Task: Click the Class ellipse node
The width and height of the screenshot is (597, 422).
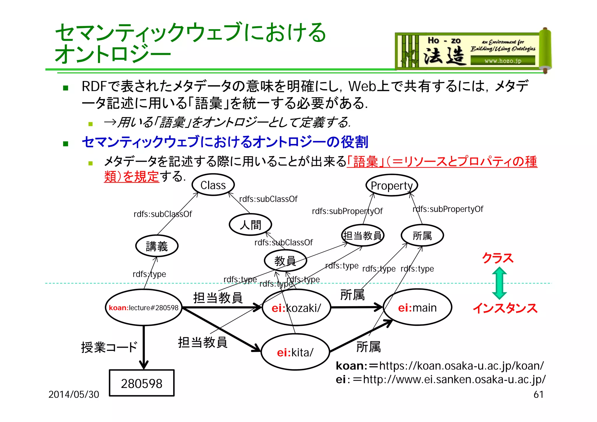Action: point(213,185)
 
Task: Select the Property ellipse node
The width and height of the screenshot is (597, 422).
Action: point(392,185)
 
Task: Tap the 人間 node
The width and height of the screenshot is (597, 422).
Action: point(250,225)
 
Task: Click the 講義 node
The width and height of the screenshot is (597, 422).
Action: point(157,246)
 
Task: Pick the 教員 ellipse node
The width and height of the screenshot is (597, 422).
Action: point(285,261)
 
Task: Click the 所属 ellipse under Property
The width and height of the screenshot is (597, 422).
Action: point(422,235)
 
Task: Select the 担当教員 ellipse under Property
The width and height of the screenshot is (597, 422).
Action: point(363,235)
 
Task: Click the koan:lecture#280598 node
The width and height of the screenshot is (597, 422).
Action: point(143,308)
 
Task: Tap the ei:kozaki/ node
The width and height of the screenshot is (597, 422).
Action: point(296,308)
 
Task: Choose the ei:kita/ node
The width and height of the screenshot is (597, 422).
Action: point(295,352)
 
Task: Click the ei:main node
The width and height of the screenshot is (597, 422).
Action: point(417,308)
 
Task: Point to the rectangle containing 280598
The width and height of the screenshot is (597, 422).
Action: point(142,383)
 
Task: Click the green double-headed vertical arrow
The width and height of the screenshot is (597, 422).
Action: point(499,283)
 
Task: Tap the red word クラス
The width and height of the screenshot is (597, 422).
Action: point(497,258)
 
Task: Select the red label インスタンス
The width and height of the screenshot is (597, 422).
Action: point(505,308)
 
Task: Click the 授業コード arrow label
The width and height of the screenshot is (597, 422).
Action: point(109,347)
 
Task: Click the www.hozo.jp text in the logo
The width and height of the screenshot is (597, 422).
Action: point(503,61)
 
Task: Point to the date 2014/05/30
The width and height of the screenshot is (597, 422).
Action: point(74,394)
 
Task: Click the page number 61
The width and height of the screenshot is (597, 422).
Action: point(538,394)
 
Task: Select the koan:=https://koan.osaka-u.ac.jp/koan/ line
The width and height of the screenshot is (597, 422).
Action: point(440,366)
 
